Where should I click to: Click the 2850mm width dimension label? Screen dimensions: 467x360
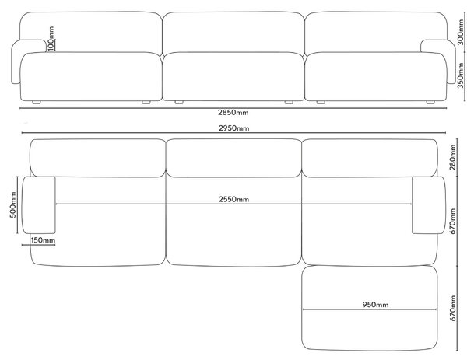pyautogui.click(x=233, y=113)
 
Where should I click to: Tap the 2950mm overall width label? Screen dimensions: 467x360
pyautogui.click(x=233, y=128)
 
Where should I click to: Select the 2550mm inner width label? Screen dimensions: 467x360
pyautogui.click(x=233, y=199)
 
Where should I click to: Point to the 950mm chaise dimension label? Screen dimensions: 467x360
pyautogui.click(x=375, y=305)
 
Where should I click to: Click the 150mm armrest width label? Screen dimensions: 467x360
pyautogui.click(x=43, y=240)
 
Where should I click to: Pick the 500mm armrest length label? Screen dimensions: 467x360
pyautogui.click(x=13, y=205)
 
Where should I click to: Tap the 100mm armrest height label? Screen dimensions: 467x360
pyautogui.click(x=51, y=38)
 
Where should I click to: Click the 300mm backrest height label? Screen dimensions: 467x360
pyautogui.click(x=461, y=32)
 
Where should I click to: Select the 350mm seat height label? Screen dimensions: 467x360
pyautogui.click(x=461, y=75)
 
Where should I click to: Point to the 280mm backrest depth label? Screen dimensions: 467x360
pyautogui.click(x=453, y=157)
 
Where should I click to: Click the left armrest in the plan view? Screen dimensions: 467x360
pyautogui.click(x=39, y=205)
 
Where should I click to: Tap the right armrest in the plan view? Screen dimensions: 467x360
pyautogui.click(x=429, y=205)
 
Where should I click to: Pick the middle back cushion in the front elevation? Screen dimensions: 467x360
pyautogui.click(x=233, y=32)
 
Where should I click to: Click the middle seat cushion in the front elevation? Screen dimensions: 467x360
pyautogui.click(x=233, y=76)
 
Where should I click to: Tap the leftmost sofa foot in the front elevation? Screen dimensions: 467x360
pyautogui.click(x=37, y=103)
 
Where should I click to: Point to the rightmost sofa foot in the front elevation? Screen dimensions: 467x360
pyautogui.click(x=430, y=103)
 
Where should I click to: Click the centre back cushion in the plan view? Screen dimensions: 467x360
pyautogui.click(x=233, y=158)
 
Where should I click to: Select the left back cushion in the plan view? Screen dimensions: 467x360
pyautogui.click(x=98, y=158)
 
